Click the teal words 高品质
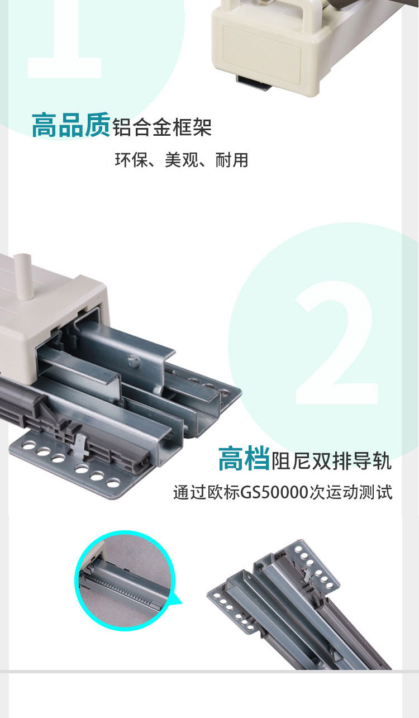coord(71,125)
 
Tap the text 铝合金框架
coord(162,127)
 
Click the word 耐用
coord(232,160)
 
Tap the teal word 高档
coord(244,459)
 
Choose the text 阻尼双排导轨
coord(332,460)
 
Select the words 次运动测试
coord(351,492)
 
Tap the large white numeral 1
coord(64,39)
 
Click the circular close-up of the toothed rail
coord(125,581)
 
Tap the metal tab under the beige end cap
coord(253,83)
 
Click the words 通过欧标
coord(206,492)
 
